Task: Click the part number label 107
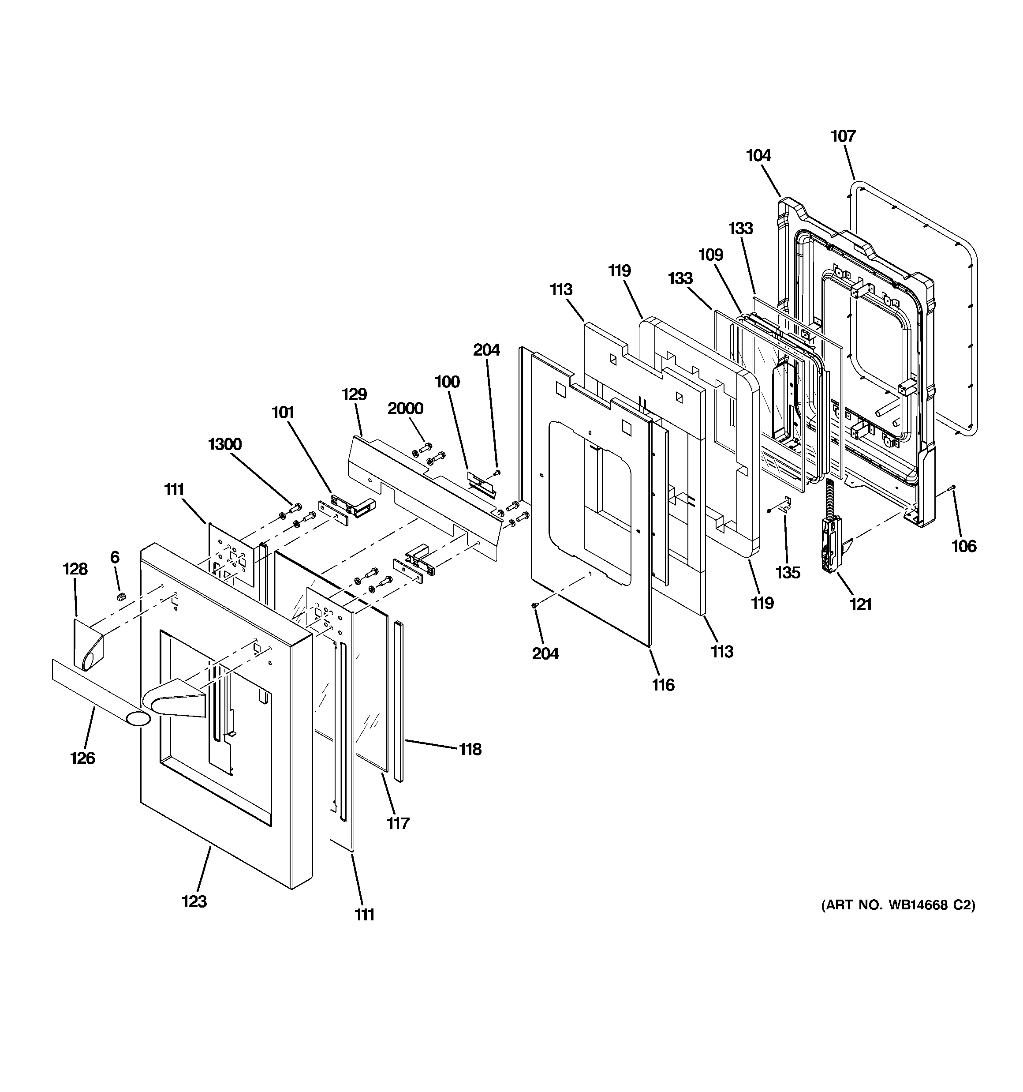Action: (x=843, y=136)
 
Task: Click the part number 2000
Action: (x=405, y=408)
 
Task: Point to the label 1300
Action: (x=224, y=444)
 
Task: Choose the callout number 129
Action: (x=354, y=394)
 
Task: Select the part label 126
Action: (x=82, y=758)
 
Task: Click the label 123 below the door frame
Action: (x=194, y=901)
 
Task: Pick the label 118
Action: (x=470, y=749)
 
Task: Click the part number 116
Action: (x=663, y=684)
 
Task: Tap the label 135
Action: (x=788, y=572)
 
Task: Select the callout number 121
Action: (x=860, y=604)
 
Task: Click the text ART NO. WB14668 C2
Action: (x=898, y=904)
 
